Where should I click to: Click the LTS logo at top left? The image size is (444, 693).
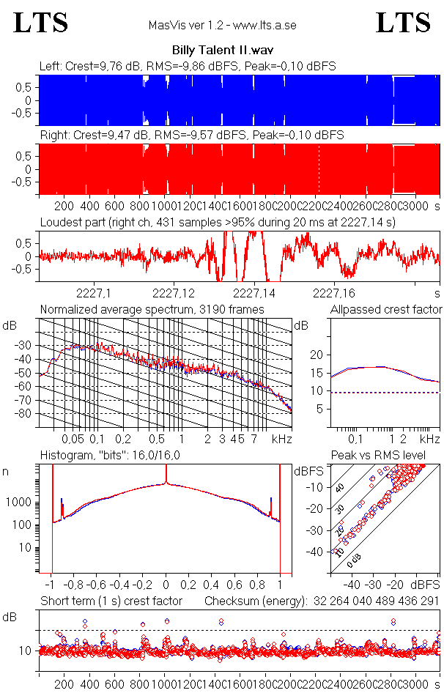coord(41,23)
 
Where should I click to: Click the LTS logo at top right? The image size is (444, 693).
coord(403,23)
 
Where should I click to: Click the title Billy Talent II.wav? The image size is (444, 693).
coord(221,51)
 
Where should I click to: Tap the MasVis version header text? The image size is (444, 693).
coord(222,26)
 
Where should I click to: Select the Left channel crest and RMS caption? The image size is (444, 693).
coord(188,66)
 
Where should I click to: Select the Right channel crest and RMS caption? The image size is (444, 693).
coord(190,136)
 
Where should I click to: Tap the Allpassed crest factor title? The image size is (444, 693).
coord(386,310)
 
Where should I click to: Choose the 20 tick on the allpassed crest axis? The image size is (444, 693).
coord(317,355)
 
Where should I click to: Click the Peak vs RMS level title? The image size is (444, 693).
coord(388,456)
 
